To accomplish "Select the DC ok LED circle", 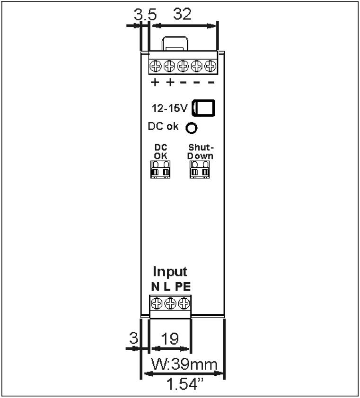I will (191, 128).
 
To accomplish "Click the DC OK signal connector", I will (160, 170).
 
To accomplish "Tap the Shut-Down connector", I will (200, 170).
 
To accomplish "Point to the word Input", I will (170, 272).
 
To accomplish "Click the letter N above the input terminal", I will (155, 287).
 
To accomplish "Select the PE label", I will (183, 287).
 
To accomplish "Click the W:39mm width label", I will (184, 364).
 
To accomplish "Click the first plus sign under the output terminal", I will (155, 83).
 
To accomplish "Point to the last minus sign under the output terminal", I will (211, 83).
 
